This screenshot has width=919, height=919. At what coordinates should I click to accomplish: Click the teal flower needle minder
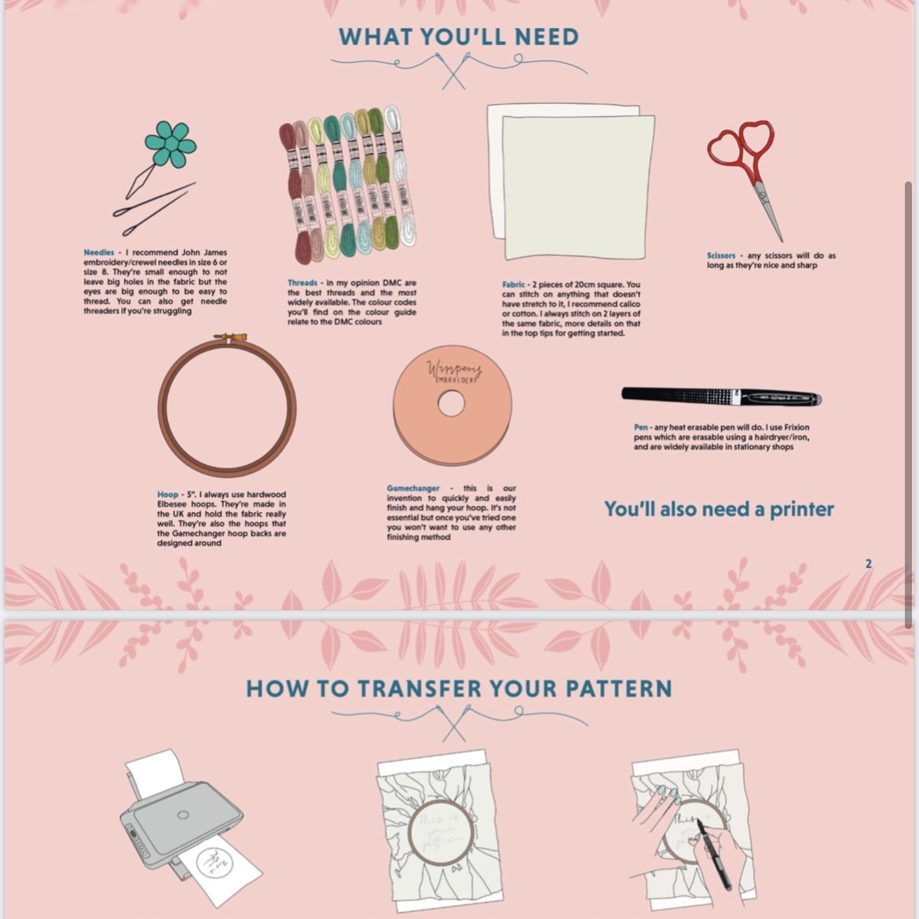(x=170, y=144)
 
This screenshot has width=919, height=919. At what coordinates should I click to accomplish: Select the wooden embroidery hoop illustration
(x=226, y=402)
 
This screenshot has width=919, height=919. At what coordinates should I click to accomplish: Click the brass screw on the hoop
(x=224, y=338)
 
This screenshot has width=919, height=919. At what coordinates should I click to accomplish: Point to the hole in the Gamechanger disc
(x=451, y=405)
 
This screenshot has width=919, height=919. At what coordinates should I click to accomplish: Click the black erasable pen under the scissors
(x=720, y=397)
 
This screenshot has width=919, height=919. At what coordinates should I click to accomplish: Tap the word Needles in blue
(x=99, y=253)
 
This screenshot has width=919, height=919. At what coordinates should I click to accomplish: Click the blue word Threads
(x=302, y=283)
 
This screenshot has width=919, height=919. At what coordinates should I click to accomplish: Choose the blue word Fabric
(x=514, y=284)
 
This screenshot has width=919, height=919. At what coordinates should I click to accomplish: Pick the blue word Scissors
(x=721, y=255)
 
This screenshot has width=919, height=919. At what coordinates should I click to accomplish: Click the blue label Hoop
(x=167, y=495)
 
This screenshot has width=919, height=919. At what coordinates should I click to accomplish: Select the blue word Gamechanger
(x=413, y=489)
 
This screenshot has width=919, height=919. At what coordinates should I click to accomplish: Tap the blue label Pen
(x=641, y=427)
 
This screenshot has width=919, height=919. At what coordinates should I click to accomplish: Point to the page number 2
(x=868, y=564)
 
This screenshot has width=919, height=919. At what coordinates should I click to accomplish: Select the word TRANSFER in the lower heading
(x=419, y=690)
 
